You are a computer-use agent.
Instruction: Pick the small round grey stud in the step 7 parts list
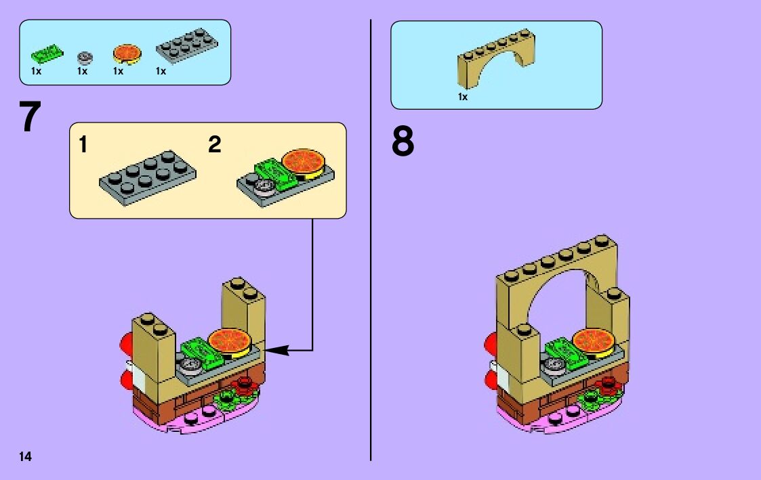point(85,57)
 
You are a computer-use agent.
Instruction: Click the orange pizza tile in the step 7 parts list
point(127,53)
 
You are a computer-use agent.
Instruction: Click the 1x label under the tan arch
point(463,97)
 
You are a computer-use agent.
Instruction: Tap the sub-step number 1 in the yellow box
point(83,144)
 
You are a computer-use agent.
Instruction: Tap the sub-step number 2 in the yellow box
point(215,144)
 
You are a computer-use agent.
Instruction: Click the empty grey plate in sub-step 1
point(148,175)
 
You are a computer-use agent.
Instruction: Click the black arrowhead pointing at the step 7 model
point(280,350)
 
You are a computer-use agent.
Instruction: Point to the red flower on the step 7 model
point(243,386)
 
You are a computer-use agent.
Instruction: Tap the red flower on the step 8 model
point(609,386)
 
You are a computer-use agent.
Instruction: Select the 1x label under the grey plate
point(161,71)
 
